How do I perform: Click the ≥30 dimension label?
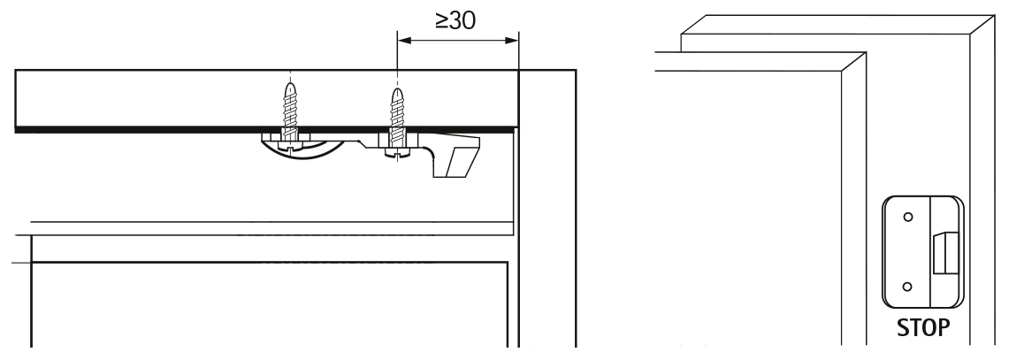(455, 20)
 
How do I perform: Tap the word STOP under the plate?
(923, 327)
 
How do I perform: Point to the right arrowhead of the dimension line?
(512, 40)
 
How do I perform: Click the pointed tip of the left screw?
(290, 82)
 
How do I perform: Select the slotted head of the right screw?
(398, 154)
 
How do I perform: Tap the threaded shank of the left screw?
(290, 110)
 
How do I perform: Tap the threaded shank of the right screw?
(398, 116)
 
